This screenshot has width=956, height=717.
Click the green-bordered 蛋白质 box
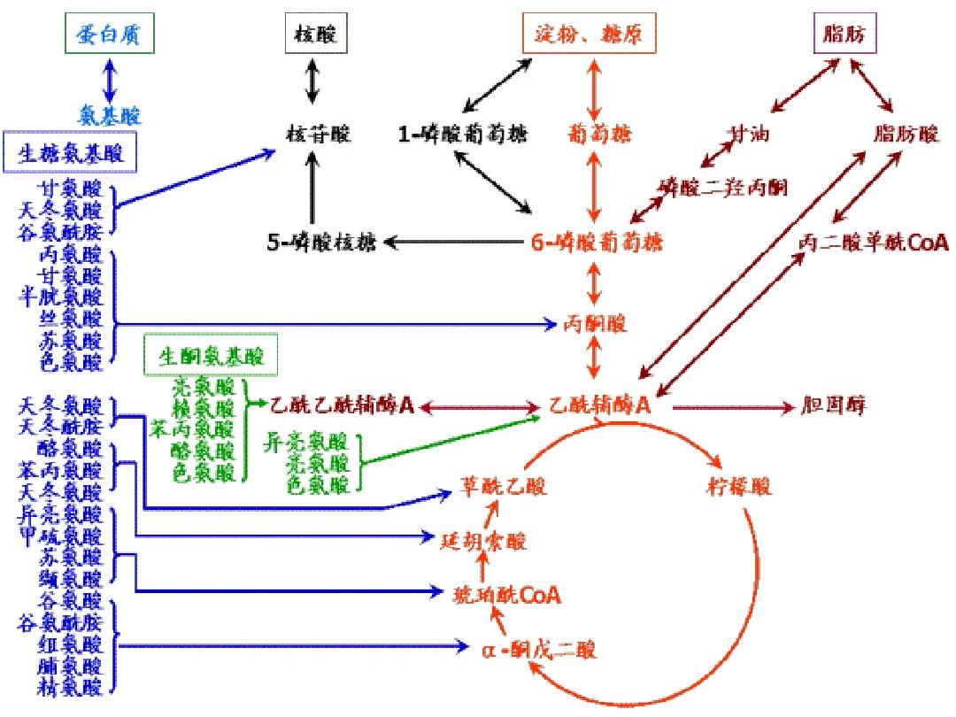(x=109, y=35)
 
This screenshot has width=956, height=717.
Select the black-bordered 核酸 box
(x=314, y=35)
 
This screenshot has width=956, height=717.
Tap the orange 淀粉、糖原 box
(x=589, y=35)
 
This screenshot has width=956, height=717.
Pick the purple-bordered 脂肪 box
(x=844, y=35)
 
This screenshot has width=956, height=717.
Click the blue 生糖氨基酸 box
(x=71, y=153)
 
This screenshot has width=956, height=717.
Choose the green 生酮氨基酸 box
(x=210, y=357)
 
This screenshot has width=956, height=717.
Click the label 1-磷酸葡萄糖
(x=462, y=135)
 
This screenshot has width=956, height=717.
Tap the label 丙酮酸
(x=596, y=324)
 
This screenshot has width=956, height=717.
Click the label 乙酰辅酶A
(x=600, y=406)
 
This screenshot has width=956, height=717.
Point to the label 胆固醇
(x=833, y=406)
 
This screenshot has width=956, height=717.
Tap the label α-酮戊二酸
(x=539, y=650)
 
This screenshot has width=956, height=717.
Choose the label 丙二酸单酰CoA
(x=872, y=242)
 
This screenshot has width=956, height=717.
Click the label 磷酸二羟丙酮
(x=724, y=187)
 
